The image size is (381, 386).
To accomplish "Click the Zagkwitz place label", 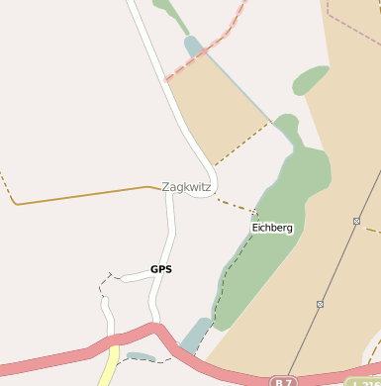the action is click(187, 186).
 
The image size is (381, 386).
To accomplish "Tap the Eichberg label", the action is click(272, 228).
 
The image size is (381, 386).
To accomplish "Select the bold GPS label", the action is click(161, 268).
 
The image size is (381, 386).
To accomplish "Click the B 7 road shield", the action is click(284, 381).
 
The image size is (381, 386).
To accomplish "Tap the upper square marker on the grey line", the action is click(356, 221).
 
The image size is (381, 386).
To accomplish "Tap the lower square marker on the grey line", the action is click(320, 304).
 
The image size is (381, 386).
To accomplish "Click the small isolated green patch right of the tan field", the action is click(310, 79).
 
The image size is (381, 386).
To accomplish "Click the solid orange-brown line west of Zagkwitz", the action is click(79, 195).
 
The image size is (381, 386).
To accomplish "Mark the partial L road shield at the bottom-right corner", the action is click(365, 382).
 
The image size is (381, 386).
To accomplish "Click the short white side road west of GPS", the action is click(133, 276).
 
